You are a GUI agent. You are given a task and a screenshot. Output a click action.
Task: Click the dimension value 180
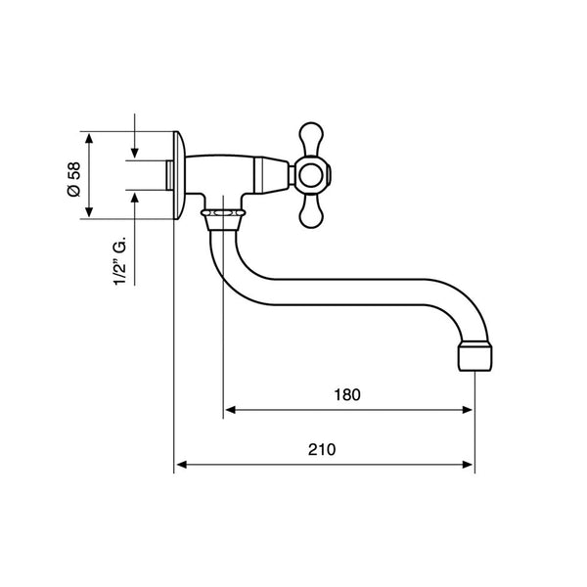[x=347, y=395]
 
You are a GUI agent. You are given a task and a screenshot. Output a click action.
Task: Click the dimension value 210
[x=322, y=450]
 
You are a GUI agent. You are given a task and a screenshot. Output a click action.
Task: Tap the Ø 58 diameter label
[x=73, y=179]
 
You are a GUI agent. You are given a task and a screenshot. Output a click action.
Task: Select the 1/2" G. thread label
[x=120, y=261]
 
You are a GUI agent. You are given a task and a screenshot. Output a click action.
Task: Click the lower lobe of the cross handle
[x=311, y=211]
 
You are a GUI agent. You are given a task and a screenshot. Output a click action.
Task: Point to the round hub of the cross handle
[x=311, y=175]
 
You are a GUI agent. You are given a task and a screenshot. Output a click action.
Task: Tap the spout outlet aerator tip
[x=475, y=358]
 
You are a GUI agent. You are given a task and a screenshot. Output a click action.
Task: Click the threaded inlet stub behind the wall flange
[x=169, y=175]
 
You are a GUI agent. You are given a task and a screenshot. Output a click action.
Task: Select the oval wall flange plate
[x=179, y=175]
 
